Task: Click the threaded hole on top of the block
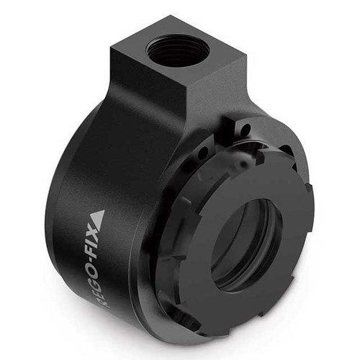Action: [x=177, y=51]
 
